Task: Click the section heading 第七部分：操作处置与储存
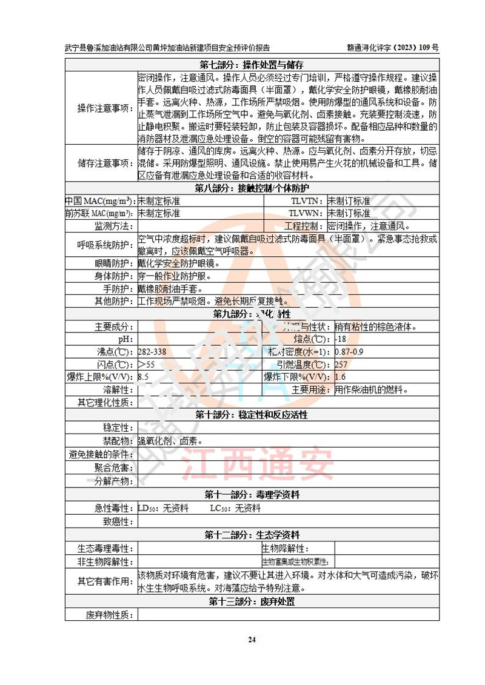pos(251,65)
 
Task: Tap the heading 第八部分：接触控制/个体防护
pos(251,188)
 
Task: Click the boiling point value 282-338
pos(152,351)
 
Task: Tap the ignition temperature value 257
pos(341,364)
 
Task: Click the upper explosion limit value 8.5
pos(144,376)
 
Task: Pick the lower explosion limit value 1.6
pos(341,376)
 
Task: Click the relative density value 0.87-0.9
pos(349,351)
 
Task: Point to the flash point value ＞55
pos(146,364)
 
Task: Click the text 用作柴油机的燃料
pos(371,389)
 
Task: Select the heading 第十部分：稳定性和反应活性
pos(251,415)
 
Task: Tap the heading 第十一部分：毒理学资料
pos(251,494)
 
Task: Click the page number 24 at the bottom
pos(252,640)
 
